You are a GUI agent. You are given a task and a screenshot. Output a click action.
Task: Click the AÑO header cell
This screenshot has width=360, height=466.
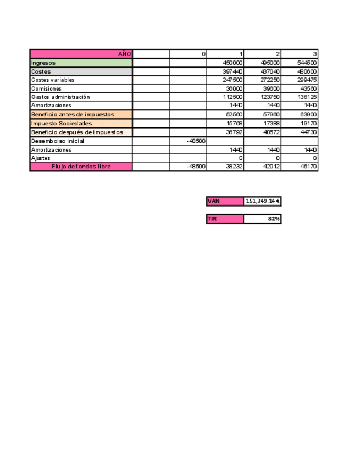point(81,54)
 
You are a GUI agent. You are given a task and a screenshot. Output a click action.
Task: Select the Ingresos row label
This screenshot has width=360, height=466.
point(81,63)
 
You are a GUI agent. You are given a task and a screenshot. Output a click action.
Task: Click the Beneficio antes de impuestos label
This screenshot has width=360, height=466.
point(81,114)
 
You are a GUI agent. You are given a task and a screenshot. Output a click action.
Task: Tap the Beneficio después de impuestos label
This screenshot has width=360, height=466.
point(81,132)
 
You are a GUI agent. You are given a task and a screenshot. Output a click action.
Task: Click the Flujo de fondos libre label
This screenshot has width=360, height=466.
point(81,167)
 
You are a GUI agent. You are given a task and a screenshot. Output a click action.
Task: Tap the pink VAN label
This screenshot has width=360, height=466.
point(224,201)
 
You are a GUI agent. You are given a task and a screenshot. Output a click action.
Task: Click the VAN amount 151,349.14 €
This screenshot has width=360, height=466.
point(263,201)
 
